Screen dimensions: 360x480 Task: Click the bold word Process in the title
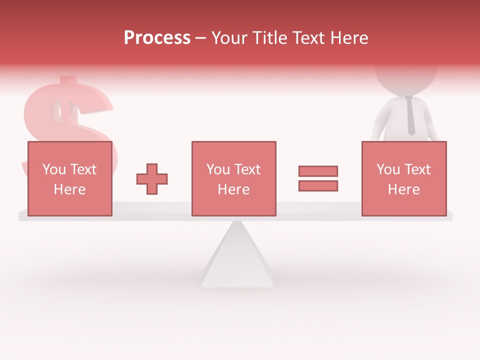[157, 38]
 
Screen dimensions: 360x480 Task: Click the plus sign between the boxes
[152, 178]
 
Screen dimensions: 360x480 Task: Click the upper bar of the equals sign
[318, 171]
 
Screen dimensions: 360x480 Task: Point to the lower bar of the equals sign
[318, 185]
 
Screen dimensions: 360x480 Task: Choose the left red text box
[69, 178]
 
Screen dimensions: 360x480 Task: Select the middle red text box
[233, 178]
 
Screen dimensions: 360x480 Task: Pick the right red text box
[403, 178]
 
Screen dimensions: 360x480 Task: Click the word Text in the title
[309, 38]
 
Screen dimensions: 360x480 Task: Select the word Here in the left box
[69, 189]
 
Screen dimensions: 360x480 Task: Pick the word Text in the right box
[418, 169]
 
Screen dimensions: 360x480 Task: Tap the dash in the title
[201, 38]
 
